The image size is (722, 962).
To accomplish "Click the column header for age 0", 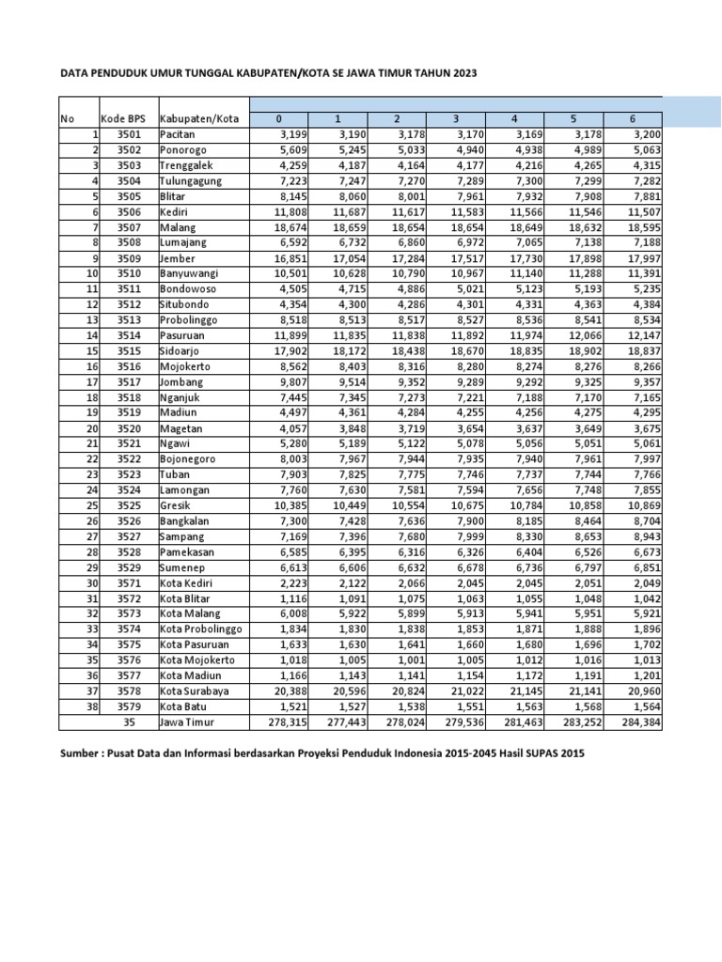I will [278, 119].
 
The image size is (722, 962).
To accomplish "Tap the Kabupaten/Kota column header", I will [198, 119].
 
